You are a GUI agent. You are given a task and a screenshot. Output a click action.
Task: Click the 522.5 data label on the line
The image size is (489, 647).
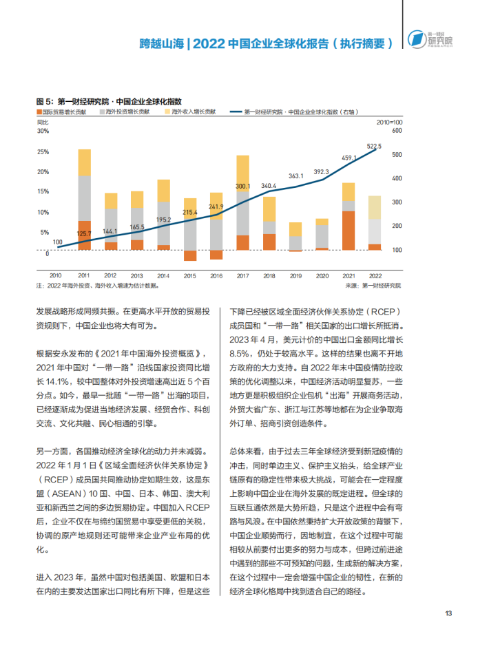tap(374, 147)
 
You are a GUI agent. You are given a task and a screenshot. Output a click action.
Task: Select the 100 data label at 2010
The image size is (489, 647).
tap(58, 242)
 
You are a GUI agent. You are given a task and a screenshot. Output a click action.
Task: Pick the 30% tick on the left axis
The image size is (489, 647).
tap(42, 130)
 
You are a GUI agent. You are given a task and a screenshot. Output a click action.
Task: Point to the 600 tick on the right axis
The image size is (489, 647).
tap(396, 130)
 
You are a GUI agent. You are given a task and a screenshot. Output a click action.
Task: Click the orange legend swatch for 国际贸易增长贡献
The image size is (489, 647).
tap(39, 111)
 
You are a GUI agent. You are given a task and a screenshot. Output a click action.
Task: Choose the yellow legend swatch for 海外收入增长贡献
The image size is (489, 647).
tap(167, 111)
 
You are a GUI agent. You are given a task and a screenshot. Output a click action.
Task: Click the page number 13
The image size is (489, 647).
tap(448, 614)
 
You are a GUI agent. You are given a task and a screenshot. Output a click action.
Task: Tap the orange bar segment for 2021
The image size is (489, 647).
tap(348, 231)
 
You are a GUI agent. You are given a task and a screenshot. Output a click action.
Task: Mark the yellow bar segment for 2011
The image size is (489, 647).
tap(84, 162)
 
